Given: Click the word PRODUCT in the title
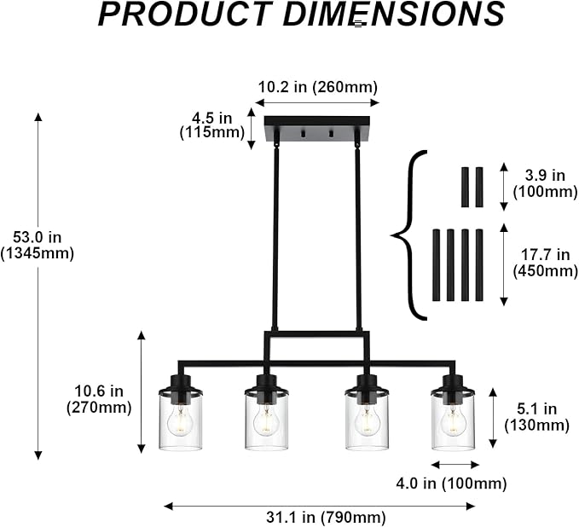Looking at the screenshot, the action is (184, 14).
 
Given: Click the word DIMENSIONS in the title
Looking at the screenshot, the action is (394, 14).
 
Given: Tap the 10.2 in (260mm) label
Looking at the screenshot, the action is (317, 87).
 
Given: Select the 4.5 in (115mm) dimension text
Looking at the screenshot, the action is (212, 125).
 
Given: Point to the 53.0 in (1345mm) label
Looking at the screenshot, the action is (37, 246).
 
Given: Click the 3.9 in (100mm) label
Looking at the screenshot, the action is (545, 183).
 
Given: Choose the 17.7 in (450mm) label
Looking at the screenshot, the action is (545, 263).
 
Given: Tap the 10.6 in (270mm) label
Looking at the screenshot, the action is (99, 399).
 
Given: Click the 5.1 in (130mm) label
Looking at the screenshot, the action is (537, 417).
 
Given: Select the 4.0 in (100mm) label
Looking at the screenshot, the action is (451, 484).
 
